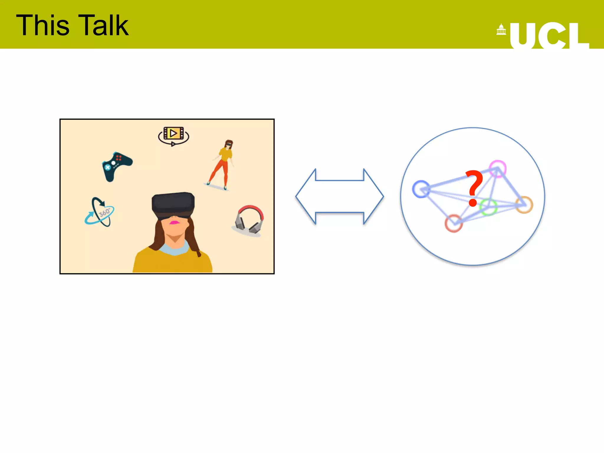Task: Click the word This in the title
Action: tap(43, 26)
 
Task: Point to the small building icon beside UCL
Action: tap(501, 30)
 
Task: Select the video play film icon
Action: tap(173, 135)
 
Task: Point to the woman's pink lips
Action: tap(174, 222)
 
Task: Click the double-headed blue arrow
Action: tap(340, 196)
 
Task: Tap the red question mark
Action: tap(474, 188)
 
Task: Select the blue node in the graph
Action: tap(421, 189)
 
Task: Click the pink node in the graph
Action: tap(498, 169)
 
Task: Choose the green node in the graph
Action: tap(488, 207)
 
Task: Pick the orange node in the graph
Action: tap(524, 204)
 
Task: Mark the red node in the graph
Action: tap(454, 223)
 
